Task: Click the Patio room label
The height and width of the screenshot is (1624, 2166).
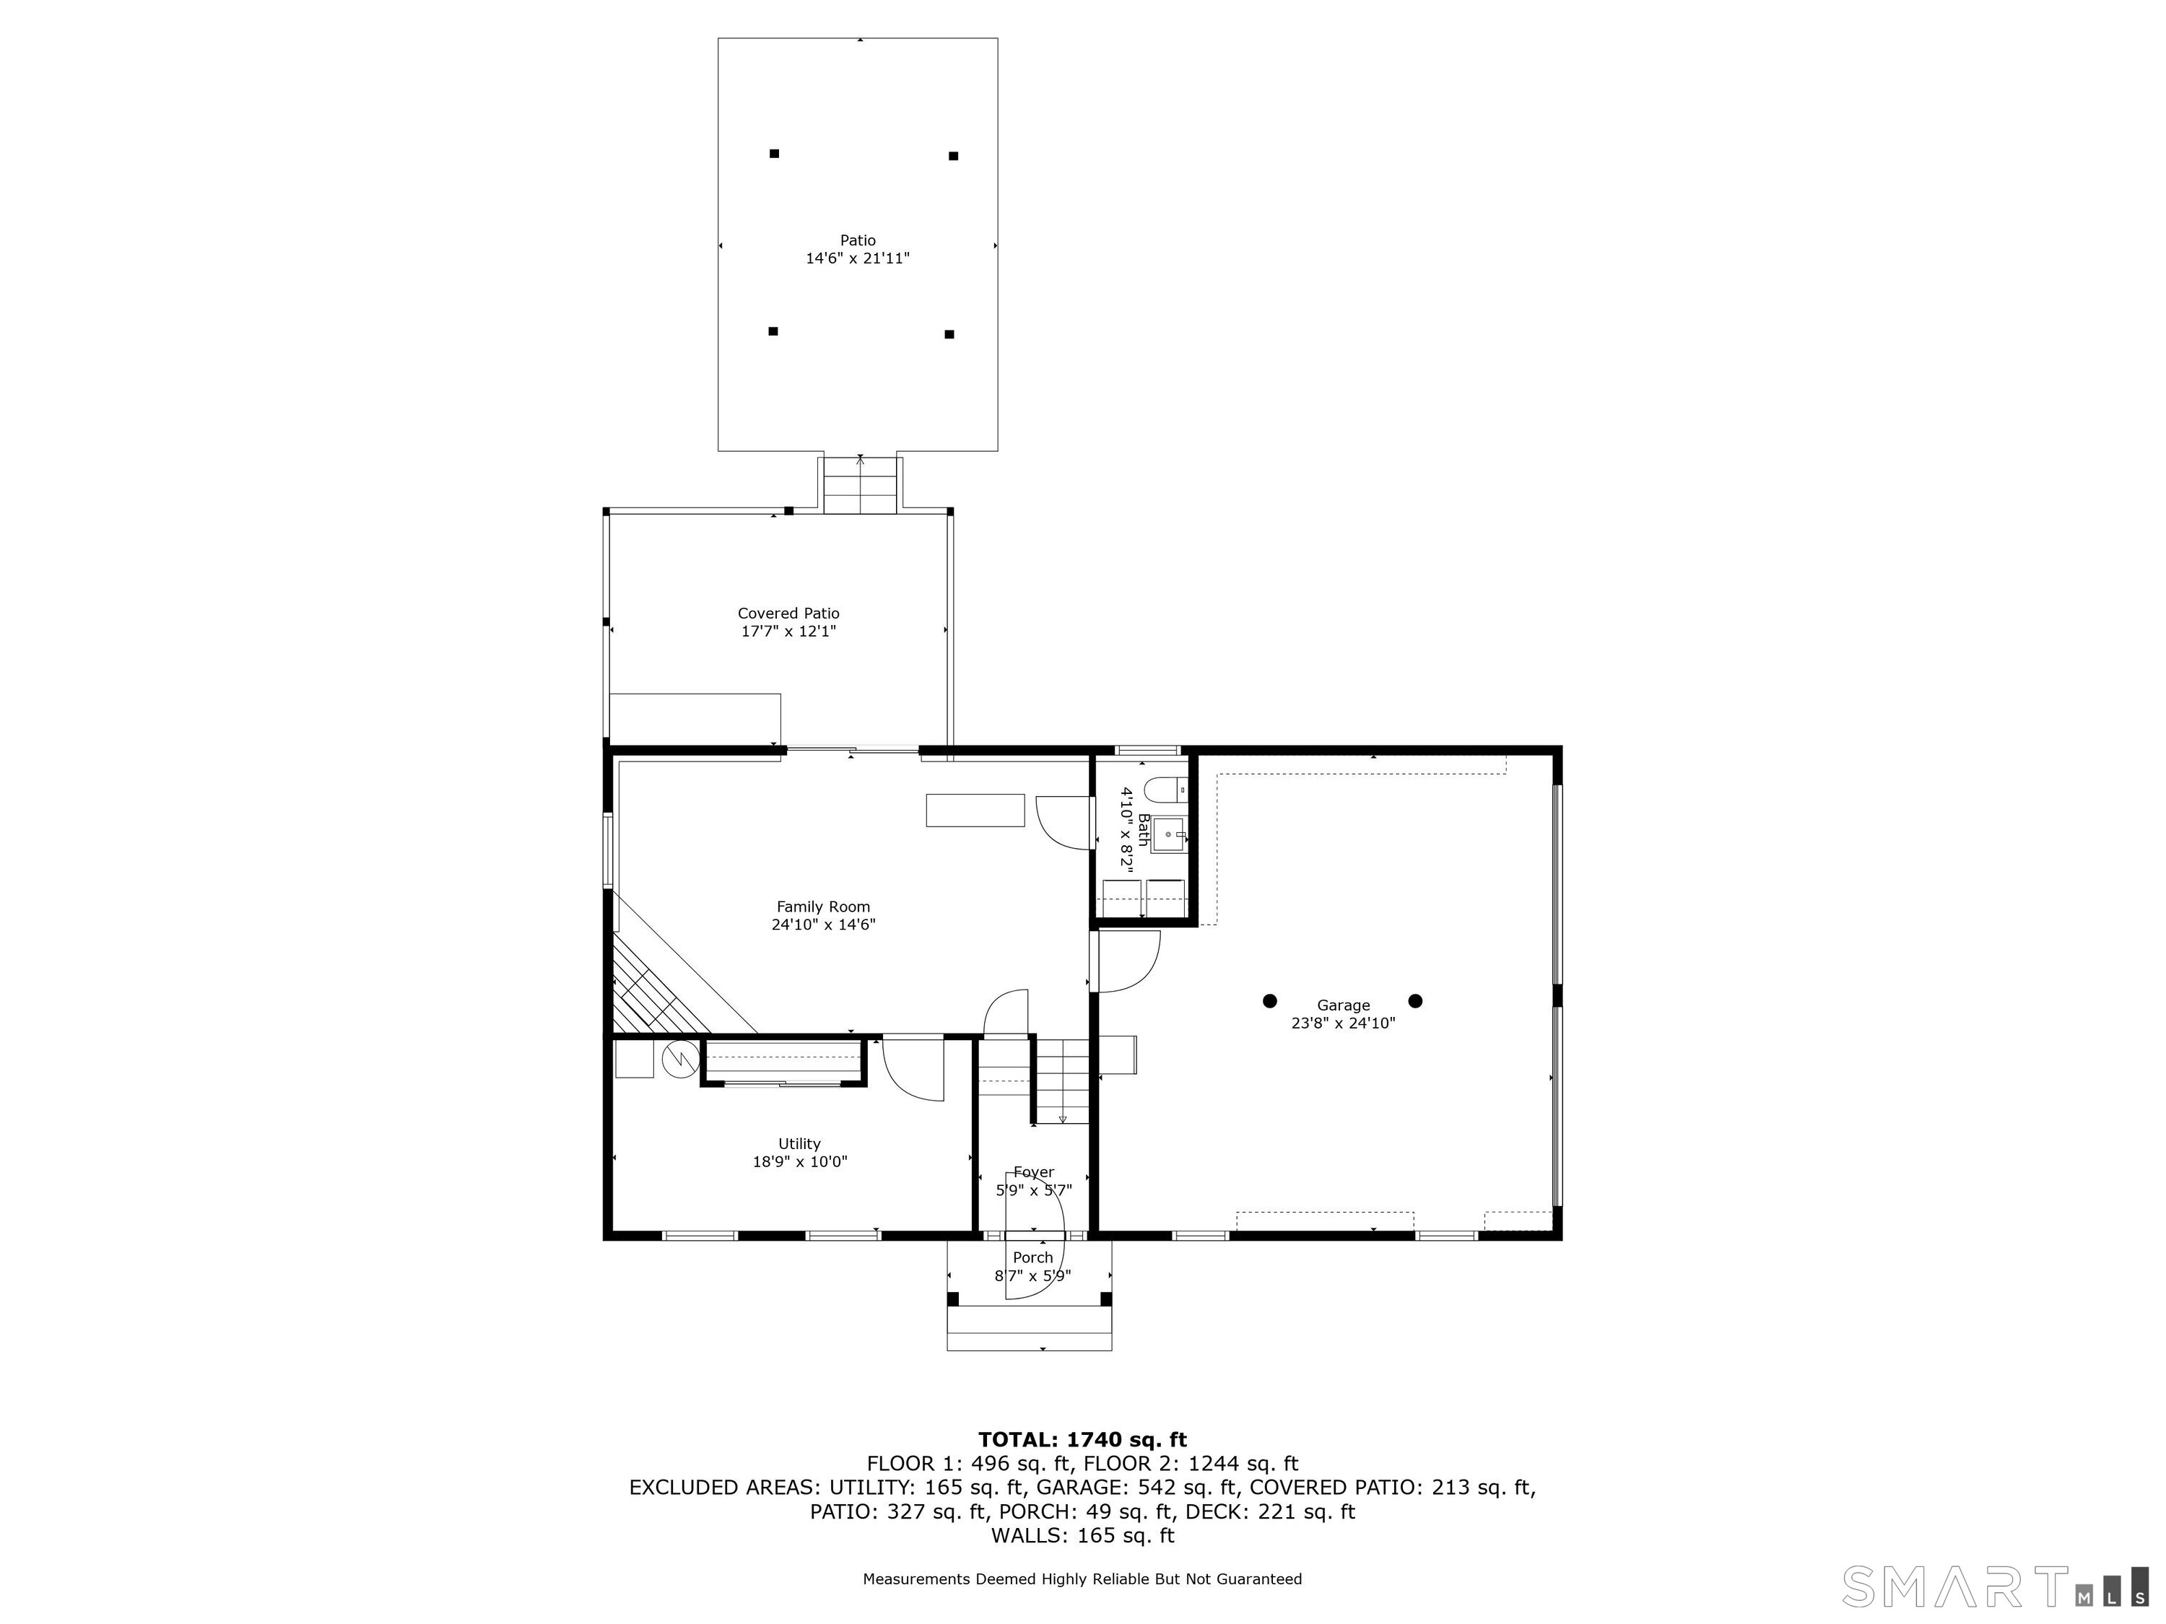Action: [x=857, y=240]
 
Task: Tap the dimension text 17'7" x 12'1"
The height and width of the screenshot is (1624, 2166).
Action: [x=788, y=632]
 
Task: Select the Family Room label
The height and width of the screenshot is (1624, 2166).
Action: [x=822, y=907]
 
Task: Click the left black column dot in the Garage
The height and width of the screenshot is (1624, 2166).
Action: [x=1269, y=1000]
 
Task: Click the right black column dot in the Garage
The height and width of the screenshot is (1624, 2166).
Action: [x=1415, y=1000]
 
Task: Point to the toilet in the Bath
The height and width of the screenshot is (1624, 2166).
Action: [x=1163, y=788]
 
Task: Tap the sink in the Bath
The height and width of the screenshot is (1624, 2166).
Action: [x=1167, y=834]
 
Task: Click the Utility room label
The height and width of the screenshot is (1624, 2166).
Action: [x=799, y=1143]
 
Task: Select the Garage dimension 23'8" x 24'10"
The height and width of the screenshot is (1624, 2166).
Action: [x=1342, y=1023]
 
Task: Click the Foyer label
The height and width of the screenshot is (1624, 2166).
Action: [x=1033, y=1171]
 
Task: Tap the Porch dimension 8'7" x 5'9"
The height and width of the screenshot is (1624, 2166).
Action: [x=1033, y=1275]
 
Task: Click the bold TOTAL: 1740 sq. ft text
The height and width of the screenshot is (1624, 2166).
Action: [x=1082, y=1439]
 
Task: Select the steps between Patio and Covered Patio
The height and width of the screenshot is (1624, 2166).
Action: [x=860, y=484]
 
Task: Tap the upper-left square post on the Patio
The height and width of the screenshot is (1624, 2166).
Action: [x=773, y=154]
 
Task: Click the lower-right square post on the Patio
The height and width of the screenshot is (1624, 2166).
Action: [x=949, y=333]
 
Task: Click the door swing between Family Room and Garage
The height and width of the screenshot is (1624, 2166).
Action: [x=1126, y=961]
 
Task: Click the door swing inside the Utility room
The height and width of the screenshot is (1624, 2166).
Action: [x=913, y=1069]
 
